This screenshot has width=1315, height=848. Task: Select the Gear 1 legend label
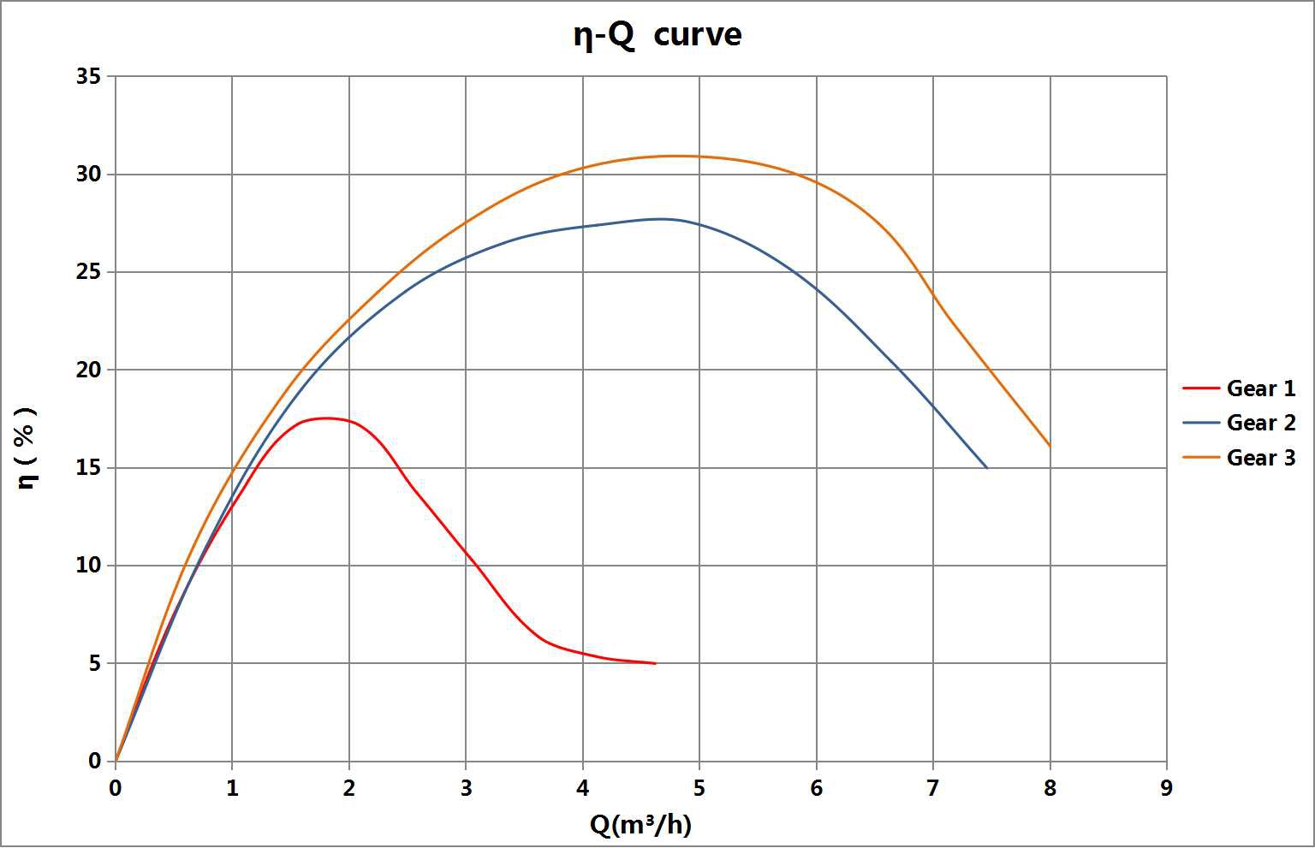pyautogui.click(x=1260, y=388)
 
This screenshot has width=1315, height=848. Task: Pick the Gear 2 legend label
pyautogui.click(x=1260, y=423)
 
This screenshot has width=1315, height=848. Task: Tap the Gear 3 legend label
pyautogui.click(x=1260, y=458)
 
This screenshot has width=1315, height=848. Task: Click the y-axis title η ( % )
pyautogui.click(x=27, y=448)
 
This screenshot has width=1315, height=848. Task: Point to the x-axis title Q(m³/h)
pyautogui.click(x=640, y=824)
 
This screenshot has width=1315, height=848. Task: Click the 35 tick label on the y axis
pyautogui.click(x=88, y=77)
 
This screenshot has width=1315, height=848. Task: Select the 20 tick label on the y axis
pyautogui.click(x=88, y=371)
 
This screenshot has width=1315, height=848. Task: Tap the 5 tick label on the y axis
pyautogui.click(x=94, y=664)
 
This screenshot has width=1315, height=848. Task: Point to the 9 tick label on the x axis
pyautogui.click(x=1166, y=788)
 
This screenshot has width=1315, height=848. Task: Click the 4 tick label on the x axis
pyautogui.click(x=583, y=788)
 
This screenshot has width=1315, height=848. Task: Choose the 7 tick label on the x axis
pyautogui.click(x=933, y=788)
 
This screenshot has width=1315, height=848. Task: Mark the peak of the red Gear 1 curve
pyautogui.click(x=325, y=418)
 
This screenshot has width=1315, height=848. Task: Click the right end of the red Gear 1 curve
pyautogui.click(x=655, y=663)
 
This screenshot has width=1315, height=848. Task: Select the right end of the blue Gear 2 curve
pyautogui.click(x=986, y=468)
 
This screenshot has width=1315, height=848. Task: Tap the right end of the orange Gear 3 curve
pyautogui.click(x=1050, y=446)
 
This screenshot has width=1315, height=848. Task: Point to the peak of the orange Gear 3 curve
pyautogui.click(x=676, y=156)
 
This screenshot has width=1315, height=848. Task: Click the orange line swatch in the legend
pyautogui.click(x=1200, y=458)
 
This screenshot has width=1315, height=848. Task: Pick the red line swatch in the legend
pyautogui.click(x=1200, y=388)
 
